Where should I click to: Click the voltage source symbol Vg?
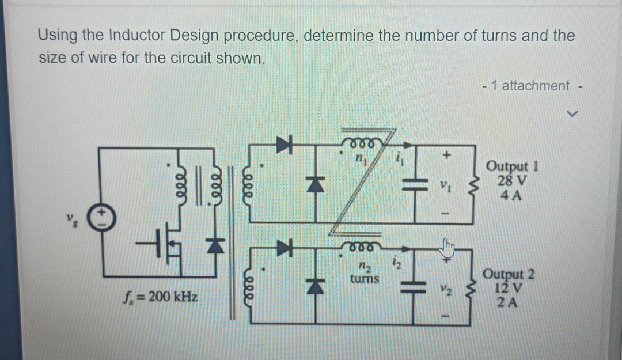click(x=101, y=217)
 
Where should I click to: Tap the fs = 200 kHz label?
click(x=160, y=298)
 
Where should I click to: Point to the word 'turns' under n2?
click(x=365, y=279)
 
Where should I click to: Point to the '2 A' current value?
click(x=509, y=301)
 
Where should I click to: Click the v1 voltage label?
click(x=445, y=186)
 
